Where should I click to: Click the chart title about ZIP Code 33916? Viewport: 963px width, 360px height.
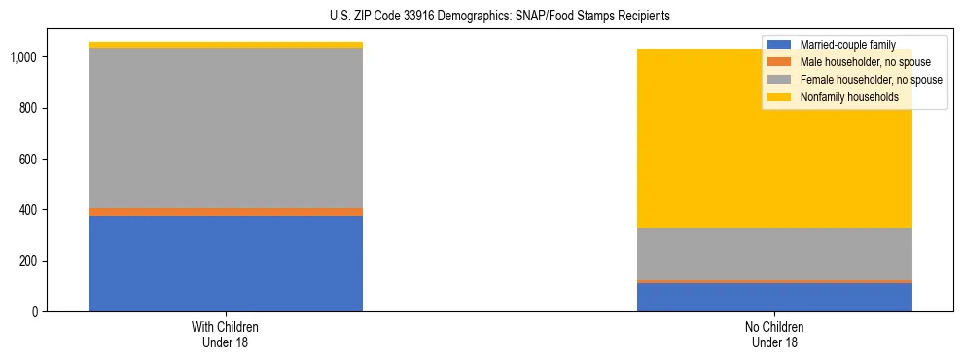click(481, 17)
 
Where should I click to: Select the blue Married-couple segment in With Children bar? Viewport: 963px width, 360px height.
click(226, 263)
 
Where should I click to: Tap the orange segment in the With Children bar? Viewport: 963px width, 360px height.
click(226, 211)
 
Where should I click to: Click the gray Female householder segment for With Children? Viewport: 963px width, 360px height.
click(226, 127)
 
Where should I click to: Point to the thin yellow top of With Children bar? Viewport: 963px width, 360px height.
click(226, 45)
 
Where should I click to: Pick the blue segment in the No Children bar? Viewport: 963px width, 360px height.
click(774, 297)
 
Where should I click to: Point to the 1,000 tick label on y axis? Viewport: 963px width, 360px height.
click(23, 57)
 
